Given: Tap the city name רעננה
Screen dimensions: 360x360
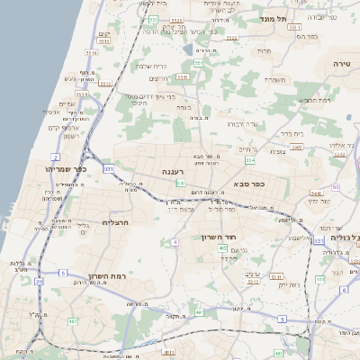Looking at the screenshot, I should [x=174, y=170].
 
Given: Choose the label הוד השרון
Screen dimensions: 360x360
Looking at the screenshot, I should [x=218, y=237].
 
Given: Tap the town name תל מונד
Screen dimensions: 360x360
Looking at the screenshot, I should [x=273, y=18].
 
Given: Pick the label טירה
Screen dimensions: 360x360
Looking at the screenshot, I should [x=342, y=64].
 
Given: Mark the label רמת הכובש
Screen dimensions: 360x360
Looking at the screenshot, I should [x=316, y=100].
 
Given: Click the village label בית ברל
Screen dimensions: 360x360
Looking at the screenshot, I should [x=292, y=133].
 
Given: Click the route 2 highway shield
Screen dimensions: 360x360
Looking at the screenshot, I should [x=55, y=157].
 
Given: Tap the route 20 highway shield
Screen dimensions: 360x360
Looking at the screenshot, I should [x=39, y=281].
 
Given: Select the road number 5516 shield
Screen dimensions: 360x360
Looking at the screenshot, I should [x=104, y=40].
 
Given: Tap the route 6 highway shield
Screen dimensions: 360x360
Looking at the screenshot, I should [x=344, y=290].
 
